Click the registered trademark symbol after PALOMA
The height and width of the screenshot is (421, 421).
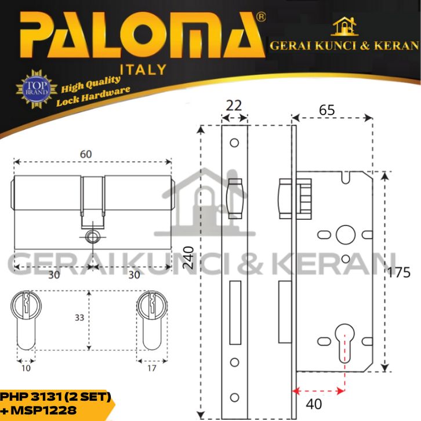click(261, 17)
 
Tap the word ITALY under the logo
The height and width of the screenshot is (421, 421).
click(143, 70)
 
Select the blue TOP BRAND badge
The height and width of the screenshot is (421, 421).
click(37, 89)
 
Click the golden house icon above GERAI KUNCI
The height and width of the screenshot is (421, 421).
click(344, 26)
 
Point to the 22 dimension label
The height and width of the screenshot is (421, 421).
click(234, 106)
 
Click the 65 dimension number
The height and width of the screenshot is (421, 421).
click(326, 110)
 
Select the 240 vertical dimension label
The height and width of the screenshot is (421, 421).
click(188, 257)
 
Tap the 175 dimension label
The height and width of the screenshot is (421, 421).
click(399, 273)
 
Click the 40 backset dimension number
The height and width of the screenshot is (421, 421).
click(314, 404)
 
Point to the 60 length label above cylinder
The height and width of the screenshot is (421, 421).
click(86, 154)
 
